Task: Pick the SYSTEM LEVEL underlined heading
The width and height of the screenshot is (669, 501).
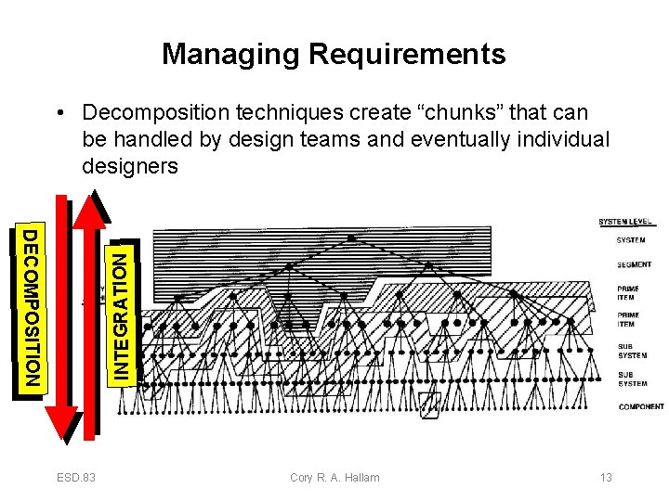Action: point(626,222)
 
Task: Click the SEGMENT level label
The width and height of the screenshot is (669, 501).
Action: point(634,265)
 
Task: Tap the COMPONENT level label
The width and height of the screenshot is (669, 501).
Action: point(641,406)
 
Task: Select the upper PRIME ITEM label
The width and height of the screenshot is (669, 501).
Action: point(628,293)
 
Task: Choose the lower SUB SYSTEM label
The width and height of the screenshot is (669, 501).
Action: point(633,379)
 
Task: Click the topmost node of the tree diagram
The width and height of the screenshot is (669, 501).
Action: point(351,238)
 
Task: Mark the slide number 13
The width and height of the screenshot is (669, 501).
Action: point(606,478)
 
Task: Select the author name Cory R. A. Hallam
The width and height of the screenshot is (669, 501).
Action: point(334,478)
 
